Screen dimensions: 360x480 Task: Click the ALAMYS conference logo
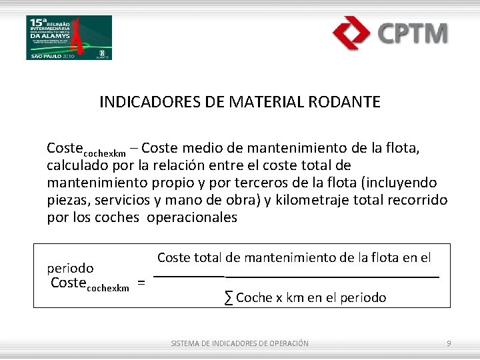(x=69, y=37)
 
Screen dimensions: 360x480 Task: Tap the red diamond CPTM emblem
(x=352, y=33)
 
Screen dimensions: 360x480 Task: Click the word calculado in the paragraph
(x=75, y=165)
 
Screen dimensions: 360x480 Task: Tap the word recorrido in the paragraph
(x=419, y=200)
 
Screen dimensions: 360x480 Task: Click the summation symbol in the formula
(x=229, y=298)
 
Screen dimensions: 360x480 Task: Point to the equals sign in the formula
(x=141, y=283)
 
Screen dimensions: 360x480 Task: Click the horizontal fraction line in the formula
(x=297, y=276)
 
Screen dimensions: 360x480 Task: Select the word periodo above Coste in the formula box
(x=70, y=268)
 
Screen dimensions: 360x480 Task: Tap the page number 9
(x=449, y=343)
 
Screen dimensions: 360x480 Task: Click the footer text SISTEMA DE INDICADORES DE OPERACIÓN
(x=240, y=343)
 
